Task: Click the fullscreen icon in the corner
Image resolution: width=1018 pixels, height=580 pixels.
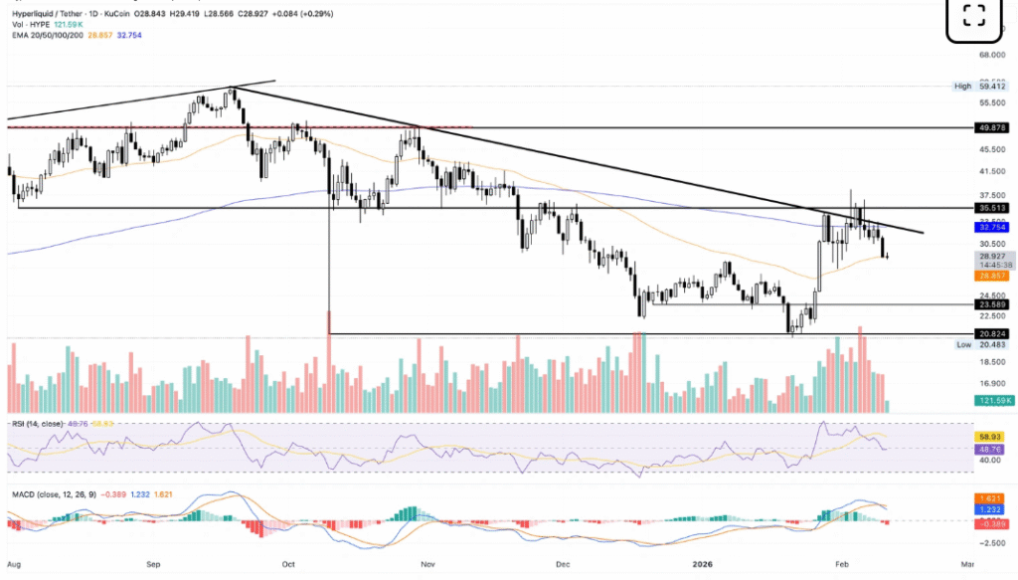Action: click(974, 16)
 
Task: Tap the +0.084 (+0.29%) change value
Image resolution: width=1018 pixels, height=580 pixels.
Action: click(306, 14)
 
